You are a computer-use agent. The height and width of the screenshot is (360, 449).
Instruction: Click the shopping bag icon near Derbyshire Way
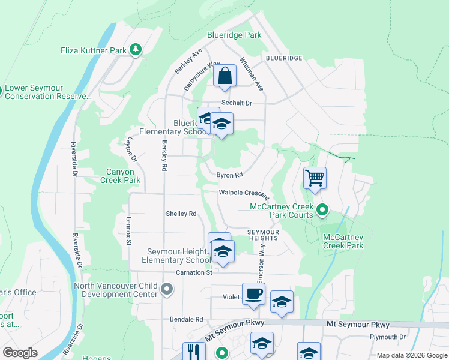pos(224,76)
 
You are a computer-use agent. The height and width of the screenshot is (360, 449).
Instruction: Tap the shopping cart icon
pos(315,178)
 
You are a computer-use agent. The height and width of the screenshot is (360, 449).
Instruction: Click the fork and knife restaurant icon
pos(194,352)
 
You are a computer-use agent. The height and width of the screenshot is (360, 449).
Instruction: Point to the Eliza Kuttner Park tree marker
pos(136,50)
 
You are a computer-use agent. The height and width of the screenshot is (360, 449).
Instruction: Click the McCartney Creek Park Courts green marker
pos(322,210)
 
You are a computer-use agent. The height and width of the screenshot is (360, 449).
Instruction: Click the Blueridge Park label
pos(234,35)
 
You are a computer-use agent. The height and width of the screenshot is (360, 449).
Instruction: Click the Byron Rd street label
pos(230,175)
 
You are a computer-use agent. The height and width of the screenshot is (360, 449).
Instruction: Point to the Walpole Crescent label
pos(244,194)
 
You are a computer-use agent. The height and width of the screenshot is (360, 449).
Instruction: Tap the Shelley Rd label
pos(181,214)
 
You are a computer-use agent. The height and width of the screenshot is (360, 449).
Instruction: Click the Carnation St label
pos(194,272)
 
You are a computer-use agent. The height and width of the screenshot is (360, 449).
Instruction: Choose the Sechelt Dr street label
pos(236,103)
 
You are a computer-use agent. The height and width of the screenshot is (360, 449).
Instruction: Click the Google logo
pos(20,353)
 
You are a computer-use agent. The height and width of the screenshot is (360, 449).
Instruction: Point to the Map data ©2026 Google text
pos(411,355)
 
